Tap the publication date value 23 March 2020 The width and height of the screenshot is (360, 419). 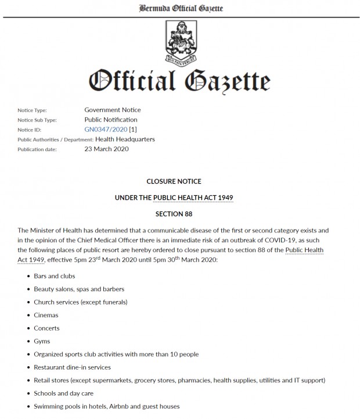click(x=107, y=149)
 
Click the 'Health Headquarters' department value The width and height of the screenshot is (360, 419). click(x=125, y=139)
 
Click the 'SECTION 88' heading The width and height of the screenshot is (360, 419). click(x=180, y=214)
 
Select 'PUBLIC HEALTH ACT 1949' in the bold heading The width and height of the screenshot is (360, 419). click(x=193, y=198)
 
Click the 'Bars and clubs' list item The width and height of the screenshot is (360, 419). click(x=54, y=276)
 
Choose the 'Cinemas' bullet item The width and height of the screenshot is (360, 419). click(x=47, y=315)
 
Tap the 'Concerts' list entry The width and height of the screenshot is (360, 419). click(x=47, y=328)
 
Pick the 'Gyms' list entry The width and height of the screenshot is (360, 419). click(x=42, y=341)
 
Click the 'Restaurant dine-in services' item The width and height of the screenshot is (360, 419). click(x=72, y=367)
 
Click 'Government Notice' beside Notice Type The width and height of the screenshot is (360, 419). click(x=113, y=110)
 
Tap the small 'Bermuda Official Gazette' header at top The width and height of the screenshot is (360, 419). click(x=180, y=8)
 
